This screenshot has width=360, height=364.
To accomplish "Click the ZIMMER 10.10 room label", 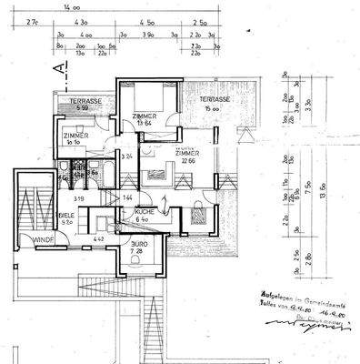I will click(75, 138).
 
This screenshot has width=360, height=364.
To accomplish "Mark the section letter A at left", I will click(59, 68).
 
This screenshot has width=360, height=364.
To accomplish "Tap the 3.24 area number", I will click(128, 157).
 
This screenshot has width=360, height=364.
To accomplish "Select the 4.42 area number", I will click(98, 240).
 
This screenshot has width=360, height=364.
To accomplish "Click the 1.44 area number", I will click(128, 197).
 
